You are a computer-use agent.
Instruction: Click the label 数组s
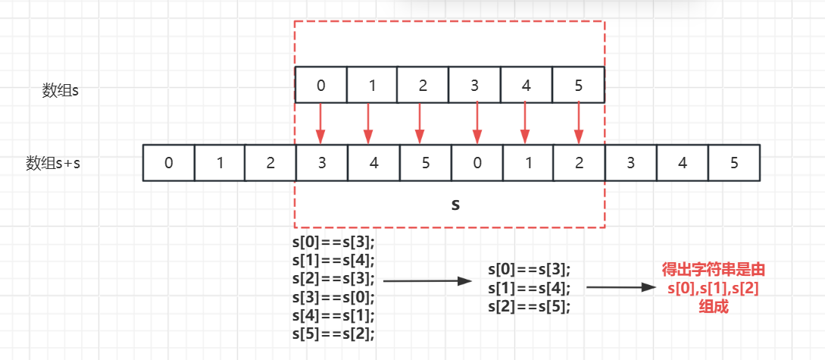[61, 90]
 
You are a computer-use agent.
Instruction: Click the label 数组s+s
[53, 163]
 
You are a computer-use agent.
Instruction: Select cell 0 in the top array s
[320, 85]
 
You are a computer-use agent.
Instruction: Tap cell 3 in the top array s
[474, 85]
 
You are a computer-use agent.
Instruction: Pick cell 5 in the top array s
[579, 85]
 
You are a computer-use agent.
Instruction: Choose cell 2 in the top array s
[423, 85]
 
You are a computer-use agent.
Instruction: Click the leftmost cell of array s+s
[169, 163]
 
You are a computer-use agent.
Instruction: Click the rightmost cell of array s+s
[734, 163]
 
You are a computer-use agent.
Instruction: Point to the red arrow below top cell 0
[320, 124]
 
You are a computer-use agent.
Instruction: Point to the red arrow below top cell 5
[579, 124]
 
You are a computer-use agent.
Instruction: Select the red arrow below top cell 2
[419, 124]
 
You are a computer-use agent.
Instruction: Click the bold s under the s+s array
[455, 205]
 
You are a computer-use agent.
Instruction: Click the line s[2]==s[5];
[529, 306]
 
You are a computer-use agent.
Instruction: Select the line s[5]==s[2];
[333, 332]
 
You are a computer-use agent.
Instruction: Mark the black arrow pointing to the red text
[620, 288]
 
